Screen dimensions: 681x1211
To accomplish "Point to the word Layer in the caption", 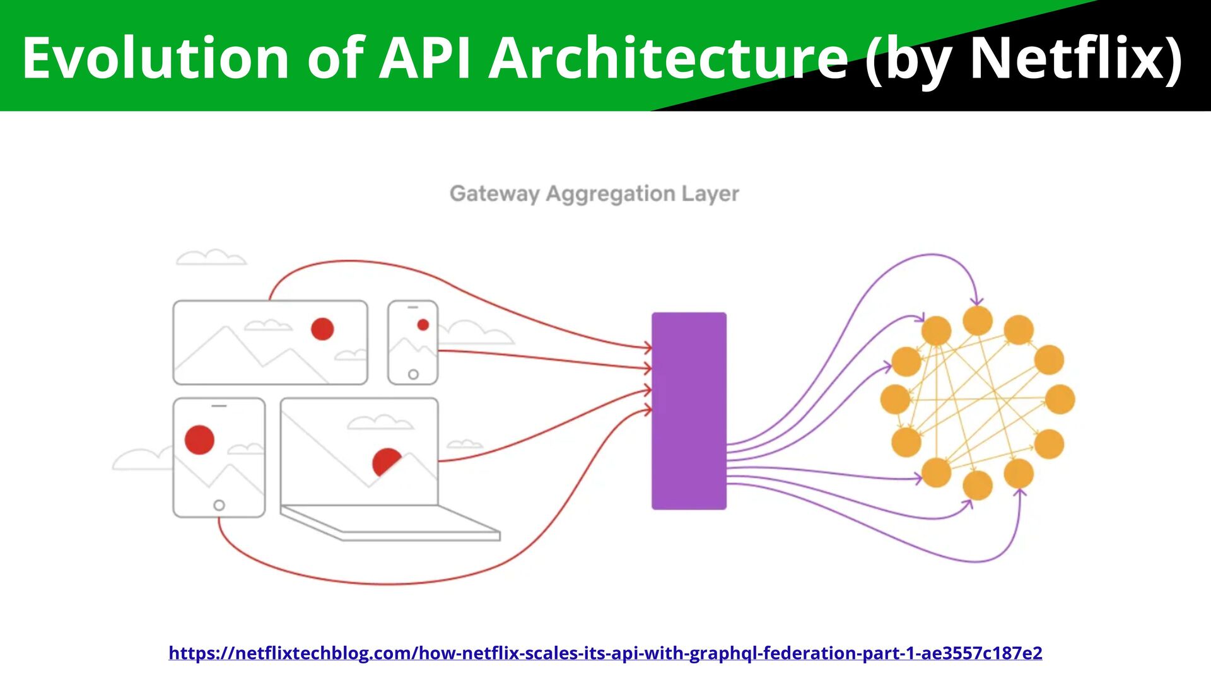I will pos(710,194).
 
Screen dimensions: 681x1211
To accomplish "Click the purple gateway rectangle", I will pos(689,410).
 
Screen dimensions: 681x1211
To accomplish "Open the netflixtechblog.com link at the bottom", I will pos(605,653).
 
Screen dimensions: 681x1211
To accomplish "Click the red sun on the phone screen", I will pos(423,325).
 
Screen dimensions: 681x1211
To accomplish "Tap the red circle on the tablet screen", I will pos(199,439).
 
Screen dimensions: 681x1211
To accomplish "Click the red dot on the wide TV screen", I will pos(322,329).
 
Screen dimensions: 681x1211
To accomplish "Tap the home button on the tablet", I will pos(219,505).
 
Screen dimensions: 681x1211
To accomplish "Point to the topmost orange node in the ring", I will pos(978,320).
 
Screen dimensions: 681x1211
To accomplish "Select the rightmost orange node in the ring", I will pos(1060,399).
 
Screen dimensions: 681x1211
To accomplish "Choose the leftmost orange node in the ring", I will pos(895,399).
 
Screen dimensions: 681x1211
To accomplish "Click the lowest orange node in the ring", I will pos(978,486).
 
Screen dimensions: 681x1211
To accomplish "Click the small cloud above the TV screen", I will pos(211,257).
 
